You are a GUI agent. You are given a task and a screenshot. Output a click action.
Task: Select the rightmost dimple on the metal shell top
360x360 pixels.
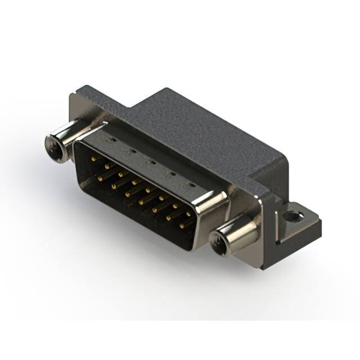[190, 184]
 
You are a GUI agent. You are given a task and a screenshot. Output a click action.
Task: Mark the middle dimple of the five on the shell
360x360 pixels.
[150, 161]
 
